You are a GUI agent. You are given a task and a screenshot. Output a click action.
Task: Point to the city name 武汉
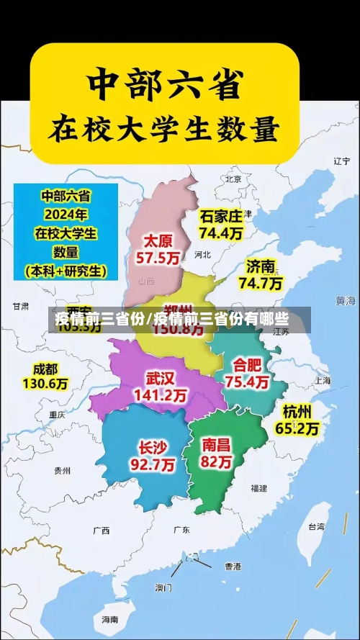160,378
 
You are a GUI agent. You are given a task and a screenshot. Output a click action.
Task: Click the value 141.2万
161,395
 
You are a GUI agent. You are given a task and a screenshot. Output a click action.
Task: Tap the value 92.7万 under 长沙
152,465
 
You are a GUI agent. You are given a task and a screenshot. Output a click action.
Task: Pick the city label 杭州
297,412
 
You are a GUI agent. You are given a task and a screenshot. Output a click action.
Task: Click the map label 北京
233,179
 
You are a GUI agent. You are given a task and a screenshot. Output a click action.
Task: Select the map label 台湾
316,526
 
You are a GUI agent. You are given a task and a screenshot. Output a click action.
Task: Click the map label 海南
109,619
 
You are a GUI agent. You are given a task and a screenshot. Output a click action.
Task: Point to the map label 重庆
57,415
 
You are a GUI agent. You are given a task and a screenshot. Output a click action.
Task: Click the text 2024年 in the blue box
64,214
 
